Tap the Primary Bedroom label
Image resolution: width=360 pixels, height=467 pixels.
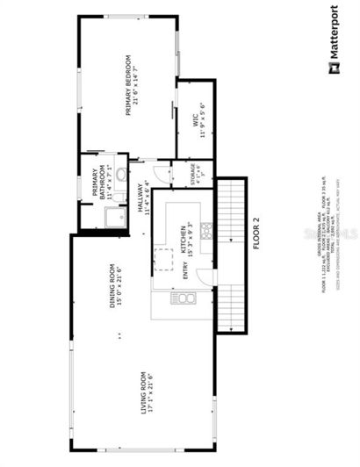click(132, 88)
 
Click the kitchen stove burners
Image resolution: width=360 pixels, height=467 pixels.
click(205, 230)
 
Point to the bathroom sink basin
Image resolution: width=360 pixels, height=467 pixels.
click(121, 186)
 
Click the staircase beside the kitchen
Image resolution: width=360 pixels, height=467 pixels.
click(230, 255)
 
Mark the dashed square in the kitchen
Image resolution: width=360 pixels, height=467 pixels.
click(162, 260)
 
